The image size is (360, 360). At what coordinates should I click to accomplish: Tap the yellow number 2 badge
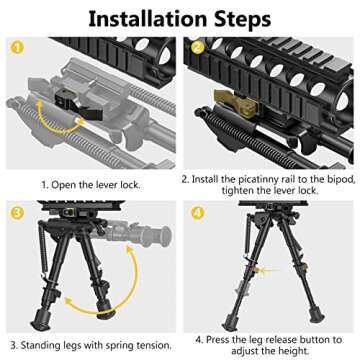coord(198,47)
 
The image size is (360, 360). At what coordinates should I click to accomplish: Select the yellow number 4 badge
coord(198,212)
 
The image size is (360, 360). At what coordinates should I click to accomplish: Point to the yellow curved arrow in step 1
coord(52,109)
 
